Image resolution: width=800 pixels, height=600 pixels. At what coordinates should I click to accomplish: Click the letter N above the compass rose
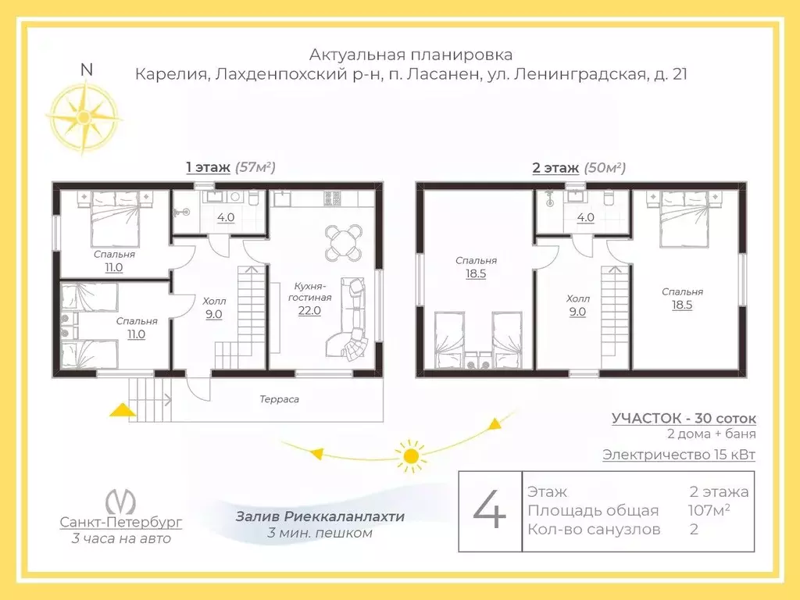tap(87, 70)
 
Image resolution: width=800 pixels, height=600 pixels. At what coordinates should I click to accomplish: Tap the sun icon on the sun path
tap(410, 455)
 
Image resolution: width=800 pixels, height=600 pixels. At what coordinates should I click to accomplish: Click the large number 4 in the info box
tap(489, 511)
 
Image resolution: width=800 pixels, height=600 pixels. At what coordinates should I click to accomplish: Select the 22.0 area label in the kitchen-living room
tap(309, 310)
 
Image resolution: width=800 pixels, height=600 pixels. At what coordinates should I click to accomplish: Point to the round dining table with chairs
tap(345, 242)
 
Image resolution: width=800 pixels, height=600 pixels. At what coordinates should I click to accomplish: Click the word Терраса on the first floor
tap(279, 399)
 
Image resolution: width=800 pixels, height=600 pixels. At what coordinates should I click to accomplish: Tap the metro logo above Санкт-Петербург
tap(120, 502)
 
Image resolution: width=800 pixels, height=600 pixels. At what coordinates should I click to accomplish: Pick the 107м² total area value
tap(709, 509)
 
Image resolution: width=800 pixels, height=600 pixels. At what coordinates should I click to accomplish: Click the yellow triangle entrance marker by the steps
tap(123, 409)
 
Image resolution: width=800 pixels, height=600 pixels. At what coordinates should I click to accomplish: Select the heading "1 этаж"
tap(208, 167)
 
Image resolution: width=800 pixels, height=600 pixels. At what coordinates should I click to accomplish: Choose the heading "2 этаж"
tap(555, 167)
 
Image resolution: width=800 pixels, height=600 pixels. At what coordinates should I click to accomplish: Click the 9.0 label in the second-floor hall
tap(577, 312)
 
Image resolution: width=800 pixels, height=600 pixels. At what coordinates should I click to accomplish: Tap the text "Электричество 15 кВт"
tap(679, 454)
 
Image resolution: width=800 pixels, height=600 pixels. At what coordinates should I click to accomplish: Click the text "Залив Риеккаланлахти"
tap(320, 516)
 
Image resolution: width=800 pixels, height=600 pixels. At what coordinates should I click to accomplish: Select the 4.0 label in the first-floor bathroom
tap(226, 217)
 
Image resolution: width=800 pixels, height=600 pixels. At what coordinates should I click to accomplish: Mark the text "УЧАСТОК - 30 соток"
tap(684, 419)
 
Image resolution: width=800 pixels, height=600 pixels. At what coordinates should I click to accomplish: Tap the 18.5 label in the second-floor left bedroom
tap(476, 273)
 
